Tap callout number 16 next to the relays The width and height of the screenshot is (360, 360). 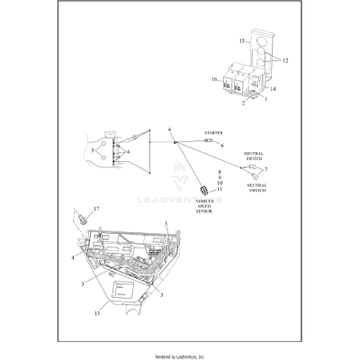[x=215, y=80]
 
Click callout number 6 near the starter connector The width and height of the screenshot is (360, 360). [x=221, y=144]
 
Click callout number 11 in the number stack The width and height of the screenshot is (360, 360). [x=219, y=189]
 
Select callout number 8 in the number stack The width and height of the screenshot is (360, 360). [x=219, y=170]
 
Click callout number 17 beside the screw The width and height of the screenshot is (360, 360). [x=97, y=209]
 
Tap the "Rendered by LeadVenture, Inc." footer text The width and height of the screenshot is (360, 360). [x=180, y=354]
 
